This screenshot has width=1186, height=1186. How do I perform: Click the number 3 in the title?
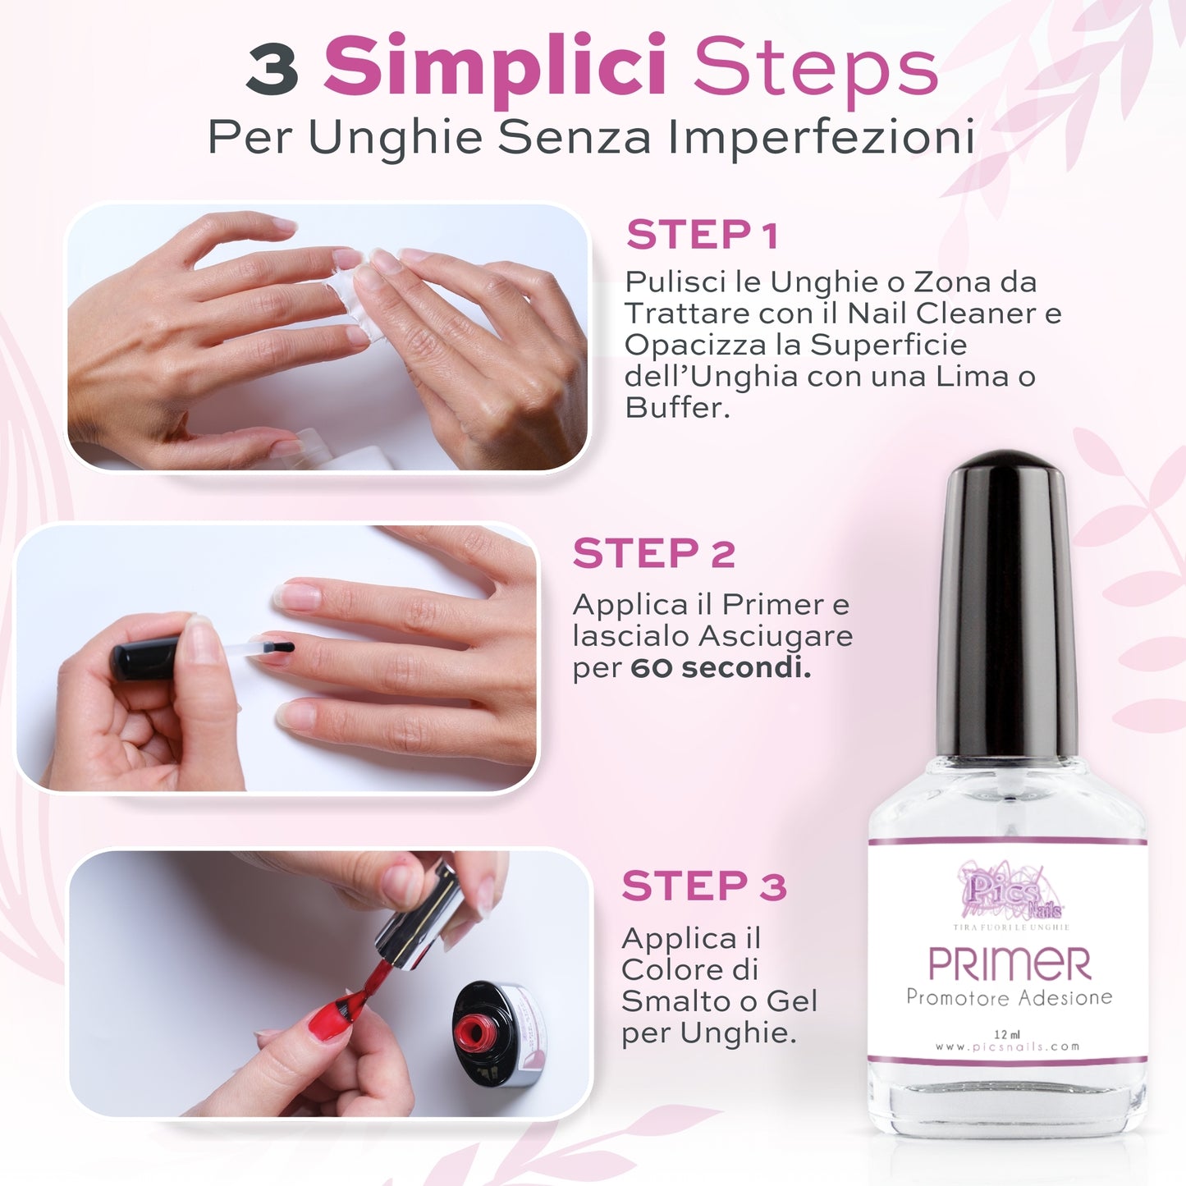coord(272,69)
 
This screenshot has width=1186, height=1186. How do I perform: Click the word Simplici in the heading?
coord(495,66)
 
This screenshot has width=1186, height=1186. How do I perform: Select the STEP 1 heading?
coord(702,236)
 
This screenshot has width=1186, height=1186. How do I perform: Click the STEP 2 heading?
coord(654,553)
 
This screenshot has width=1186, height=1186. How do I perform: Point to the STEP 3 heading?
coord(704,886)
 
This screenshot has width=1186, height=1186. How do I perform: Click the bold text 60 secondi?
coord(721,667)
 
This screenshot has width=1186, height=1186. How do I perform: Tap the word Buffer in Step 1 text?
coord(675,407)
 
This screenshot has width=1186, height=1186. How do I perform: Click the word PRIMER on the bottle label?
coord(1009,964)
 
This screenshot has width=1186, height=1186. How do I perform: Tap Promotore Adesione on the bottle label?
coord(1009,997)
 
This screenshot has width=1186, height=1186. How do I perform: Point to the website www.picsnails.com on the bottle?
coord(1007,1046)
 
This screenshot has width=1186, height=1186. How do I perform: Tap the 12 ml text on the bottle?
coord(1006,1034)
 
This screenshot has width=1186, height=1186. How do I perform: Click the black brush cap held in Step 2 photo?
coord(145,659)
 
